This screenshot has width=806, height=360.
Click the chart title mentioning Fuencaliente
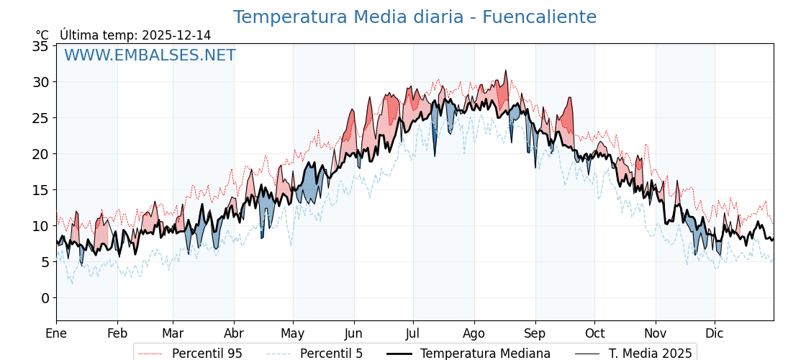pyautogui.click(x=415, y=17)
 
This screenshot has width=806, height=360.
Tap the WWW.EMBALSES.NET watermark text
pyautogui.click(x=150, y=55)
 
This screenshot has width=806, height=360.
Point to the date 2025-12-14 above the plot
pyautogui.click(x=176, y=35)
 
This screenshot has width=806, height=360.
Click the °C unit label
pyautogui.click(x=42, y=35)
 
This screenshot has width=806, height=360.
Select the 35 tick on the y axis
pyautogui.click(x=40, y=46)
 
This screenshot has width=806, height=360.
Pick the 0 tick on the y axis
pyautogui.click(x=45, y=298)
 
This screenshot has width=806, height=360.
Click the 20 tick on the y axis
pyautogui.click(x=40, y=154)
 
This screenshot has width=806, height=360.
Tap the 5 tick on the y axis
pyautogui.click(x=45, y=262)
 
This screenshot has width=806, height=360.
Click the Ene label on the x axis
pyautogui.click(x=56, y=333)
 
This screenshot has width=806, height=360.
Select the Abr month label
pyautogui.click(x=234, y=333)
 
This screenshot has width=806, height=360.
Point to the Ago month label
pyautogui.click(x=474, y=333)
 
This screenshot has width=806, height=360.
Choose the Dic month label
pyautogui.click(x=715, y=333)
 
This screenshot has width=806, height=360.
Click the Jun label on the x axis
pyautogui.click(x=353, y=333)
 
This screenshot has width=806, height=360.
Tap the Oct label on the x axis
pyautogui.click(x=594, y=333)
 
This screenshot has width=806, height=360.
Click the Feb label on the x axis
pyautogui.click(x=117, y=333)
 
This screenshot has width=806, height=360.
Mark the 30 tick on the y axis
pyautogui.click(x=40, y=82)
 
